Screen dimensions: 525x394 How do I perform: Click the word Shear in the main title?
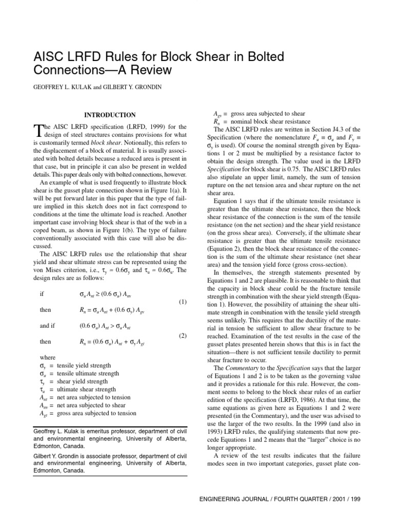pos(219,55)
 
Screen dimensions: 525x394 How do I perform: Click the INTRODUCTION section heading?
pos(110,115)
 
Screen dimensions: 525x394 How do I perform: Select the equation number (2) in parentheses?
pos(183,336)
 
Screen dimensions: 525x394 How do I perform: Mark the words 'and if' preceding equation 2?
pos(48,326)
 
